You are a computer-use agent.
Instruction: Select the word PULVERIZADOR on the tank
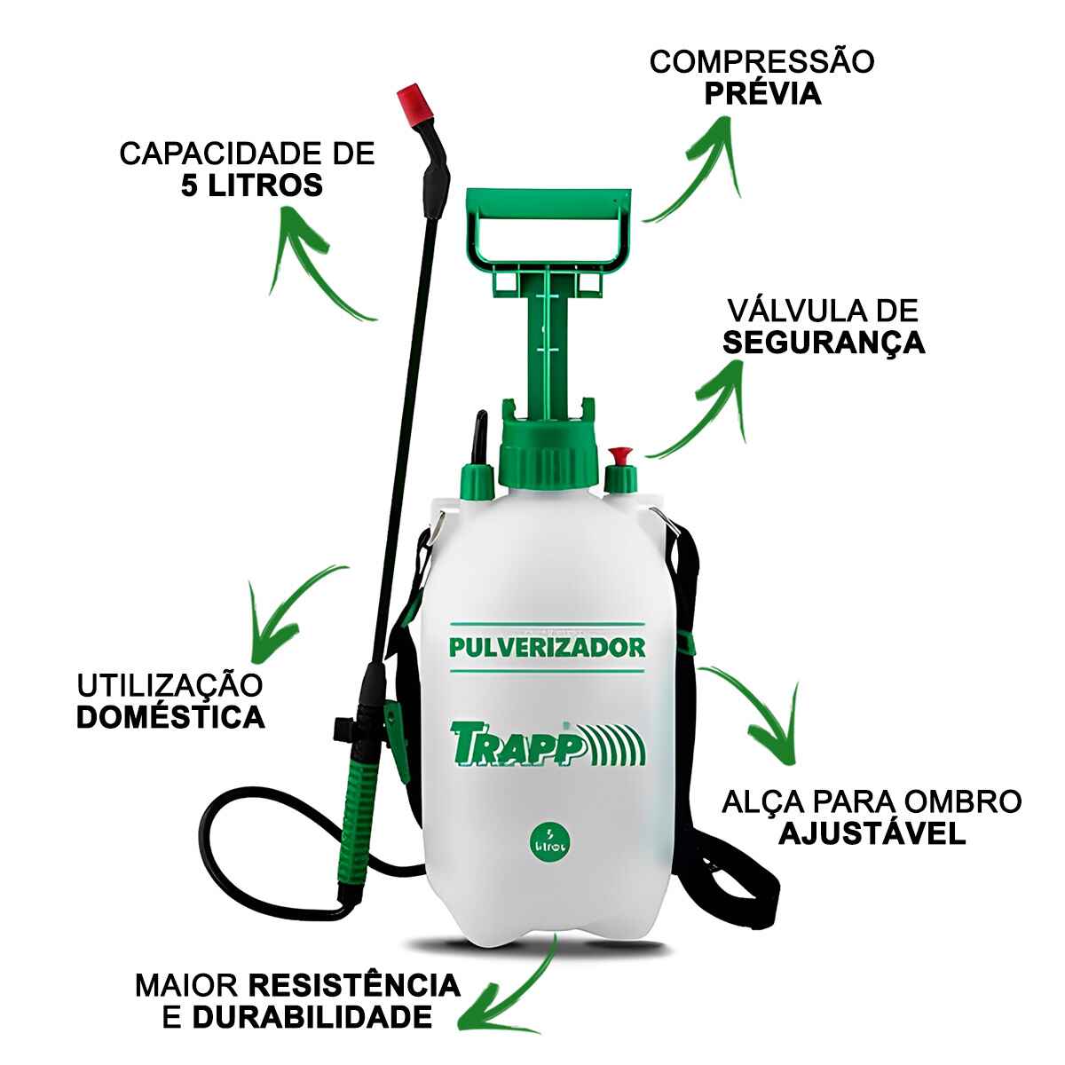pyautogui.click(x=547, y=647)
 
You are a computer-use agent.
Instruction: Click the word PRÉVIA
pyautogui.click(x=762, y=93)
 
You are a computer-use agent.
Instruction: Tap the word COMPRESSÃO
pyautogui.click(x=762, y=62)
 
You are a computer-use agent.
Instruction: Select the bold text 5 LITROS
pyautogui.click(x=252, y=185)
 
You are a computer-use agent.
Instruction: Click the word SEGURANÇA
pyautogui.click(x=824, y=343)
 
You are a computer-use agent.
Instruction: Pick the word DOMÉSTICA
pyautogui.click(x=170, y=717)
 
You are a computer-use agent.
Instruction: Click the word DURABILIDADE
pyautogui.click(x=312, y=1016)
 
